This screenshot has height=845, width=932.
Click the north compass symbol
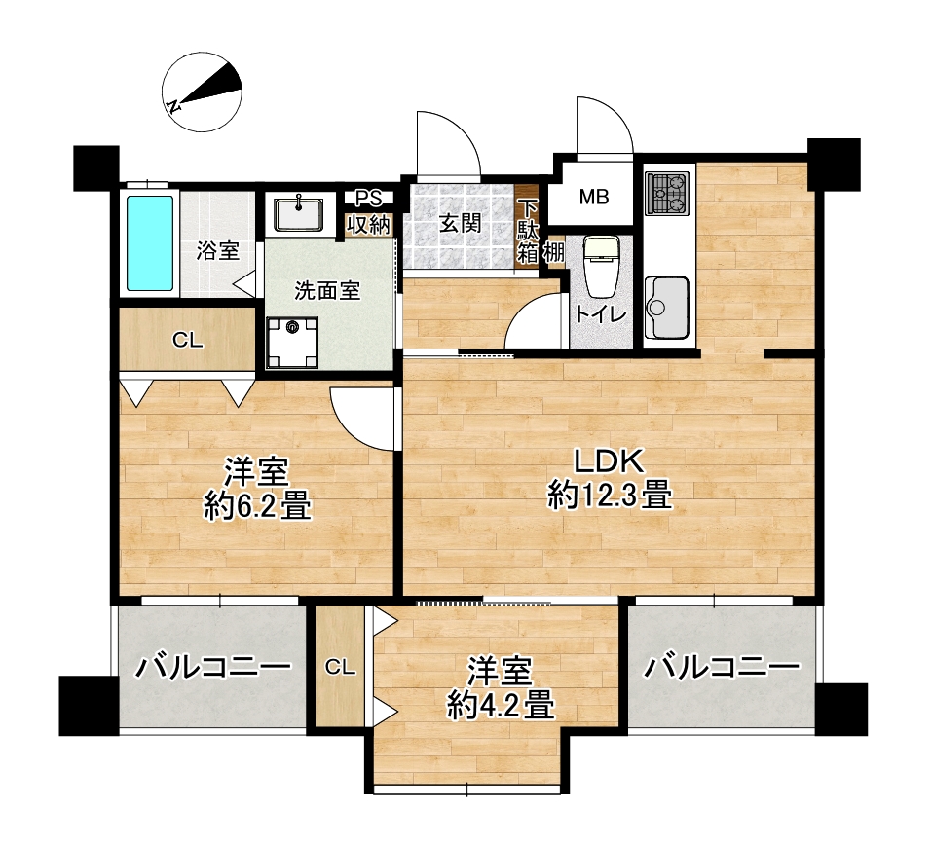click(x=202, y=92)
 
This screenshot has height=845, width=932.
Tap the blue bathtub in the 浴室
click(x=150, y=243)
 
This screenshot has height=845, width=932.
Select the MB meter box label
click(x=594, y=197)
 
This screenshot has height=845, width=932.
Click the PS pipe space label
click(x=368, y=198)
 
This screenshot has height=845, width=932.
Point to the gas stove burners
click(x=667, y=193)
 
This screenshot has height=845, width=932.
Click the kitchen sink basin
click(x=666, y=308)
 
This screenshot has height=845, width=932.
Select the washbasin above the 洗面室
click(x=298, y=214)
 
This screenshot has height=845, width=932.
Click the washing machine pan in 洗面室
click(x=292, y=344)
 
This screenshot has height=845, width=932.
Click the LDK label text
click(x=608, y=461)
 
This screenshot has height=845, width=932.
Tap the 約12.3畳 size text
click(x=610, y=495)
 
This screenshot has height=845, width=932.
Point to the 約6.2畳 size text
click(x=257, y=505)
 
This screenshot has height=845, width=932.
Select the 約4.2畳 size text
click(x=502, y=705)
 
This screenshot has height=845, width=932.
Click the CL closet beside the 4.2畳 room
click(x=340, y=667)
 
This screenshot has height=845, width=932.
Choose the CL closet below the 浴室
click(x=188, y=340)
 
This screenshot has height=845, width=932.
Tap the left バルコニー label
click(x=213, y=668)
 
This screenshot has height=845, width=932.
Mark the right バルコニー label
click(x=723, y=668)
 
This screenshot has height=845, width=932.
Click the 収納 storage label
click(x=368, y=225)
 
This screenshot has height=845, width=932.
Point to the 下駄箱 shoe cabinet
click(x=527, y=229)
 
